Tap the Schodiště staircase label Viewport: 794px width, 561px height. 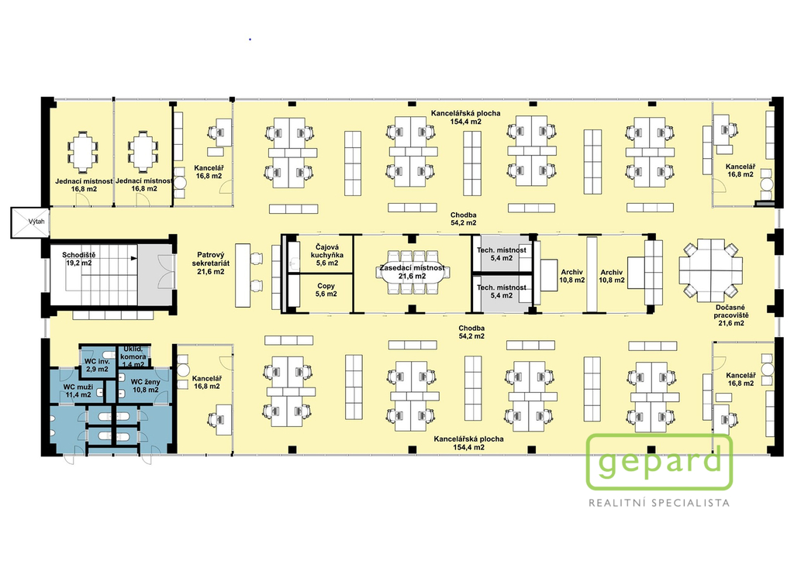78,259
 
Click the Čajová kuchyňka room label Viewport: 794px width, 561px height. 327,255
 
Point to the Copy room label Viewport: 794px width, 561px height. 326,290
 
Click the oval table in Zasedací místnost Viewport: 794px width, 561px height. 413,272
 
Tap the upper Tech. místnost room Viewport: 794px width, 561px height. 502,254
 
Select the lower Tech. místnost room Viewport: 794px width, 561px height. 502,292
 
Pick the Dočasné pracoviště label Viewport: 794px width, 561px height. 730,315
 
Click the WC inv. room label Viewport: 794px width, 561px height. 97,365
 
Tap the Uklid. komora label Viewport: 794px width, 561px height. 133,356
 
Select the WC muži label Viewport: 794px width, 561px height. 78,391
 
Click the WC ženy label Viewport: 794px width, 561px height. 145,386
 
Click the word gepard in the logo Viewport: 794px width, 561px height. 659,463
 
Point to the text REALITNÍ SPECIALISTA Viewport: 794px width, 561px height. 659,503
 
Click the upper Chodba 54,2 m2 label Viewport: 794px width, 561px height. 464,219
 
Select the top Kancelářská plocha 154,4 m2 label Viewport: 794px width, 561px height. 466,117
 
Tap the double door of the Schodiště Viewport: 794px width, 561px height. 164,271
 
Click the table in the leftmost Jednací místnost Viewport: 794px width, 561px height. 81,150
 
